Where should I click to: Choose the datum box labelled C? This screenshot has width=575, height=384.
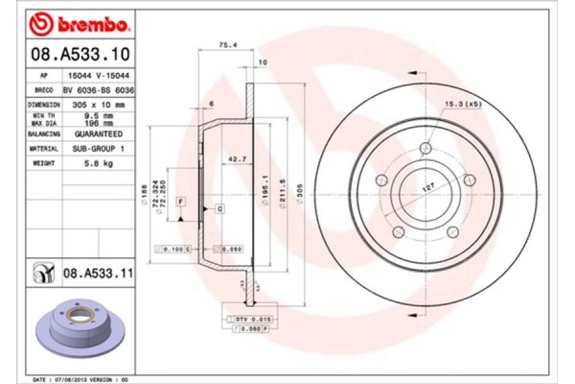click(x=219, y=208)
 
